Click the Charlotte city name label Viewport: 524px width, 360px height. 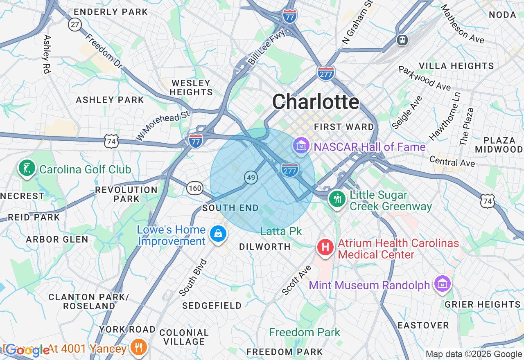[316, 102]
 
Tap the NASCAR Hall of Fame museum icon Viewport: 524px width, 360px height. [301, 145]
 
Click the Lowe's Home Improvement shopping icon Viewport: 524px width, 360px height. [218, 234]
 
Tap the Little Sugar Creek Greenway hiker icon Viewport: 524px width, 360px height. [337, 199]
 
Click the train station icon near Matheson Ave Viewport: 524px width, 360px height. [403, 40]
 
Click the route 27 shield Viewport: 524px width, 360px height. [75, 25]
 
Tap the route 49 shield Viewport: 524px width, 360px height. [251, 177]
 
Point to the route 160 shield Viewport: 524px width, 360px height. [195, 188]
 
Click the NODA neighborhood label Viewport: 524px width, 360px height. [503, 15]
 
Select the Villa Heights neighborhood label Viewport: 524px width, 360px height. [456, 66]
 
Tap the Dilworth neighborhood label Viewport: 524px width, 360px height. [265, 247]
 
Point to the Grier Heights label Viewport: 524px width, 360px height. [482, 304]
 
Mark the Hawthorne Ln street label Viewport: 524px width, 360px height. [445, 117]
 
